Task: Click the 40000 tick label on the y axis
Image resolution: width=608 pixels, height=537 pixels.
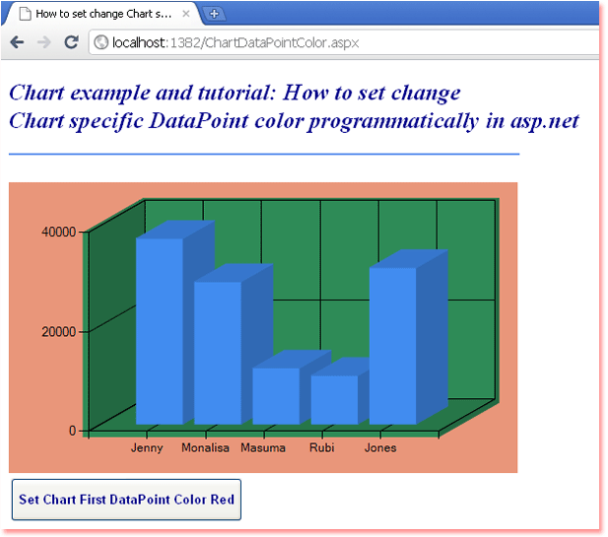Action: (58, 232)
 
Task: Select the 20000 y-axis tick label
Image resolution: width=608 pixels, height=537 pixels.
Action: (58, 331)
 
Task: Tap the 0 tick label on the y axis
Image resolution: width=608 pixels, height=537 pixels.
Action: (73, 431)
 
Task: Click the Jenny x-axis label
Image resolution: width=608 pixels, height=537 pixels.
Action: (147, 447)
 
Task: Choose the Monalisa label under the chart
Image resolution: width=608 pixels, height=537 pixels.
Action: (206, 447)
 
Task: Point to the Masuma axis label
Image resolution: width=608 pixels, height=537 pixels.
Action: (263, 447)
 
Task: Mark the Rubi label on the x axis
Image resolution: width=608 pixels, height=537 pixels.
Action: (322, 447)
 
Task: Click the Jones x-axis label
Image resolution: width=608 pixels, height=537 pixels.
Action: (380, 447)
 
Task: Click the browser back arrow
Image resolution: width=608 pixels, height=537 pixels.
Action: (17, 41)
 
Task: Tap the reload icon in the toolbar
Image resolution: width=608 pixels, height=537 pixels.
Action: (71, 41)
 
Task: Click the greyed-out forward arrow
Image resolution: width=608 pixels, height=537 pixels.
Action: (43, 41)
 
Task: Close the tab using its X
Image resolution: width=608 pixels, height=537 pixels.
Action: (186, 14)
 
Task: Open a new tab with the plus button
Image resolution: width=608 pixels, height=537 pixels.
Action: (214, 15)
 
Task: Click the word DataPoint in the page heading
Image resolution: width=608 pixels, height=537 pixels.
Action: (198, 120)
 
